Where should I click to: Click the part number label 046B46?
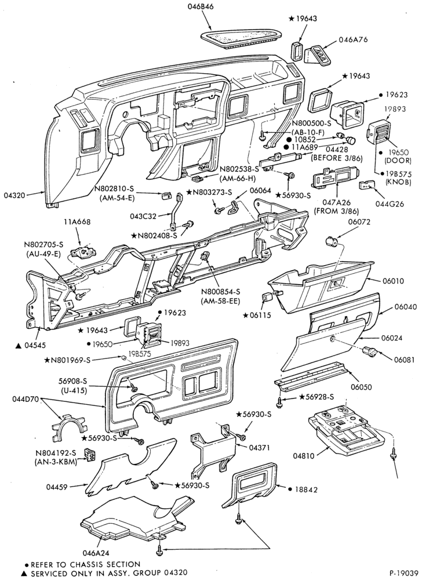201,6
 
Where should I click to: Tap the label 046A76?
353,39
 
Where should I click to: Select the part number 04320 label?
14,195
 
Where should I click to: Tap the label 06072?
358,222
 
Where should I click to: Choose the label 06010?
394,281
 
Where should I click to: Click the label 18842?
306,490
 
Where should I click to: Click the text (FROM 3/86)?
336,211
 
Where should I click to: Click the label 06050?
361,387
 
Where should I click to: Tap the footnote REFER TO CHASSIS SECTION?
85,564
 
